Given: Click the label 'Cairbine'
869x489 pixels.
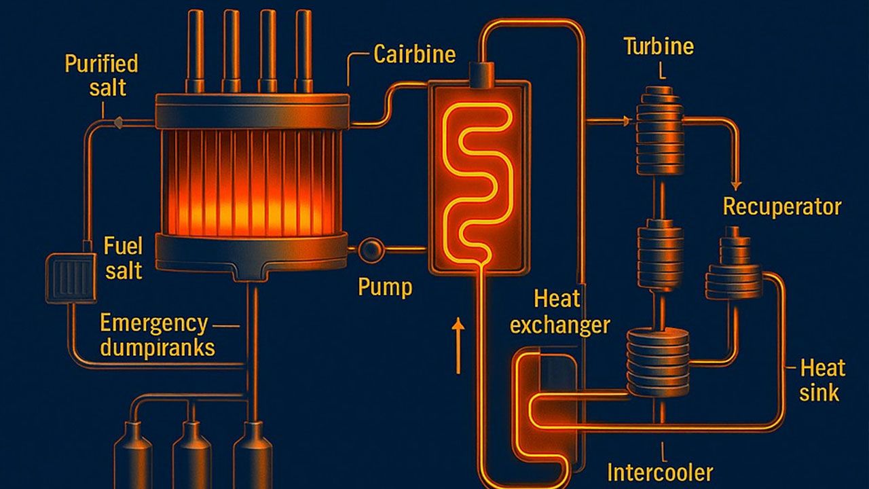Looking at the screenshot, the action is [x=414, y=54].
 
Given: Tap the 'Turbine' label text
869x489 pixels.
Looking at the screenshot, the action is [x=659, y=47].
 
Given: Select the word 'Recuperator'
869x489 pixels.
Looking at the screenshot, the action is [x=782, y=207].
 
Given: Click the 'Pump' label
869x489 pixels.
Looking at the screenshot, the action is [x=385, y=287].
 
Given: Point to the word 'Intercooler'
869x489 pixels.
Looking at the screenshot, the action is [x=660, y=472].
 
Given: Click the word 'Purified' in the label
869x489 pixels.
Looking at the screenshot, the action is [x=101, y=64].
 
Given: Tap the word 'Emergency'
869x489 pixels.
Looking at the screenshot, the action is [x=154, y=324].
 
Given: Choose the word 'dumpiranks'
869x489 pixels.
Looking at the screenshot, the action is [x=158, y=348].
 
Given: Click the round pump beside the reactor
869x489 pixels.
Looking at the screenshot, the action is [x=371, y=250].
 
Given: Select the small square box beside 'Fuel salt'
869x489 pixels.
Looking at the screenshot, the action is [x=71, y=278].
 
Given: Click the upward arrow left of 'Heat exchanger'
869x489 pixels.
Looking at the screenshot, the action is [x=458, y=346].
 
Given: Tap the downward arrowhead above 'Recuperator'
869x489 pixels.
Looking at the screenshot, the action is [x=736, y=185].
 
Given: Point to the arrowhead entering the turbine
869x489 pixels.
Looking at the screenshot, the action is [x=625, y=122].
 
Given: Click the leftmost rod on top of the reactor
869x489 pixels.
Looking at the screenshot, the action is [x=195, y=51].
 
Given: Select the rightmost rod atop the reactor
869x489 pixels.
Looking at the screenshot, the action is [x=303, y=51].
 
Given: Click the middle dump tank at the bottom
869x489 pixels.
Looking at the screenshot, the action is [x=192, y=455].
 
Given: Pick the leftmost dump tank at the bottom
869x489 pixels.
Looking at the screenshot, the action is [x=133, y=455].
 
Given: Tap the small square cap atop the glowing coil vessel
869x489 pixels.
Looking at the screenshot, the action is [x=481, y=75].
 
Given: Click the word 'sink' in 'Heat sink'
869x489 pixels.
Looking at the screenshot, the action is [x=819, y=392].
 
